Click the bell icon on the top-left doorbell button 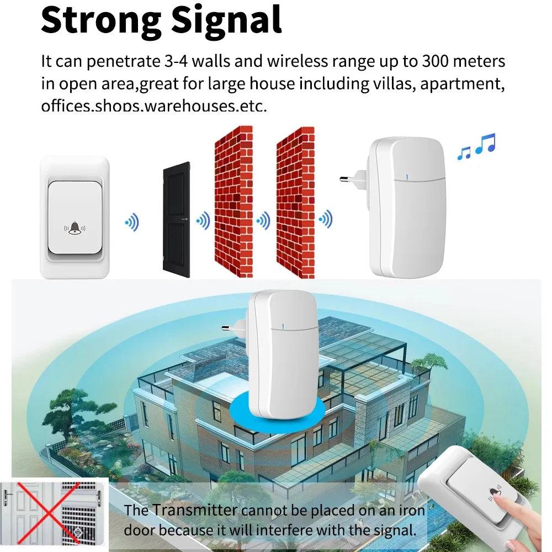click(x=74, y=227)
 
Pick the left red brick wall click(x=233, y=201)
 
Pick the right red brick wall click(x=295, y=201)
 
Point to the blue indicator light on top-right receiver click(x=406, y=178)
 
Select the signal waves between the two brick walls click(x=263, y=221)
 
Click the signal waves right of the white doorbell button click(x=132, y=223)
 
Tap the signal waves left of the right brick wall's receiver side click(x=326, y=220)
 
